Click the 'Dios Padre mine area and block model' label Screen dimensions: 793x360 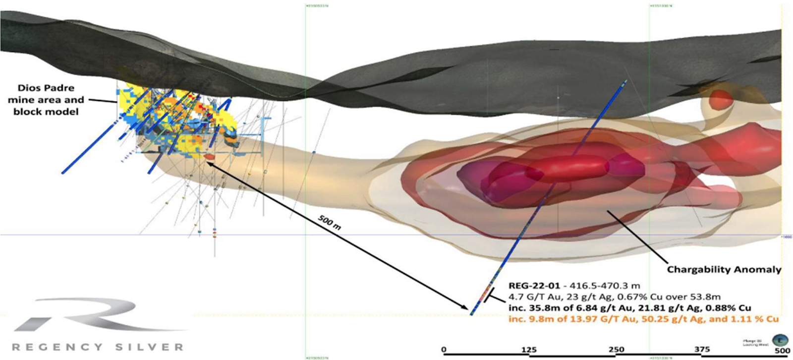(46, 100)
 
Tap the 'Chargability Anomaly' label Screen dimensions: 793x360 (724, 270)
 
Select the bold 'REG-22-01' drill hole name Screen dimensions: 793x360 (534, 286)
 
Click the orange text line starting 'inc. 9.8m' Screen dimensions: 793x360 (643, 319)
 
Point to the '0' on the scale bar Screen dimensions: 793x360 (444, 350)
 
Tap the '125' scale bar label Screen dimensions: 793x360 (529, 350)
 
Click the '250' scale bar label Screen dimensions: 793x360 (616, 350)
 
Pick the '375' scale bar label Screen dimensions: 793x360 (702, 350)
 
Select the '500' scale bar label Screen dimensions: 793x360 (782, 351)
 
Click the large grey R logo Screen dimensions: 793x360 (99, 315)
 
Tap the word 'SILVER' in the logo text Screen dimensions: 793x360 (150, 347)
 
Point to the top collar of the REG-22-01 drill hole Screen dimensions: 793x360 (625, 81)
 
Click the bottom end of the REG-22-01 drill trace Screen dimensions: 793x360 (472, 313)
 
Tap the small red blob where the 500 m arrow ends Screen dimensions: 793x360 (209, 157)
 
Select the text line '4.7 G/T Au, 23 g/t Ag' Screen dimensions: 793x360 (615, 297)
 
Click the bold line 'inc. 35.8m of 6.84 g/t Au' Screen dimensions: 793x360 (629, 308)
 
